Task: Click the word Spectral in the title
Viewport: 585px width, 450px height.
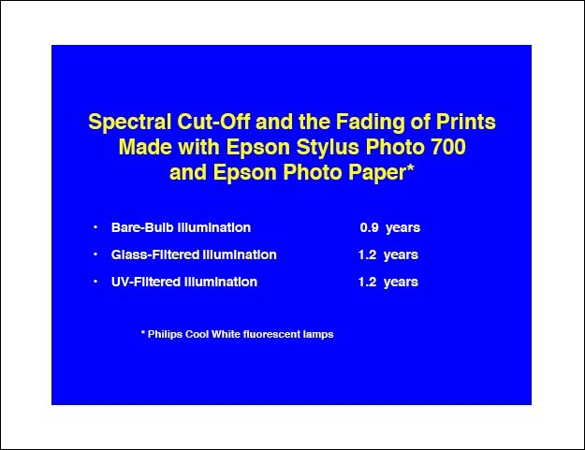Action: pos(130,122)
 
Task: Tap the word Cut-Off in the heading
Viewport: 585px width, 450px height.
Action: pos(213,122)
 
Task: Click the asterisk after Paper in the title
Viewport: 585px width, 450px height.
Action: pos(410,167)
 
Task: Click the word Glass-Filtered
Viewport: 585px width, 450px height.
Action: pos(154,254)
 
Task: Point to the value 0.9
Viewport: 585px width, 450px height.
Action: pos(370,227)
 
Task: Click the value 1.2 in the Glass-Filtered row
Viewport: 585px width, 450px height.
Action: pos(367,254)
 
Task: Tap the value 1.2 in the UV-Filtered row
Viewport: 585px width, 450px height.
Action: pos(367,282)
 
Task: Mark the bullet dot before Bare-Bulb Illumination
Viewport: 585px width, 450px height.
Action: pos(95,226)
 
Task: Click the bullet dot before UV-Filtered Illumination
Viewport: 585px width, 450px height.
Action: pos(95,281)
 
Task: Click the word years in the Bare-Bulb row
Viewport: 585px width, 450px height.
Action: pos(402,228)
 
